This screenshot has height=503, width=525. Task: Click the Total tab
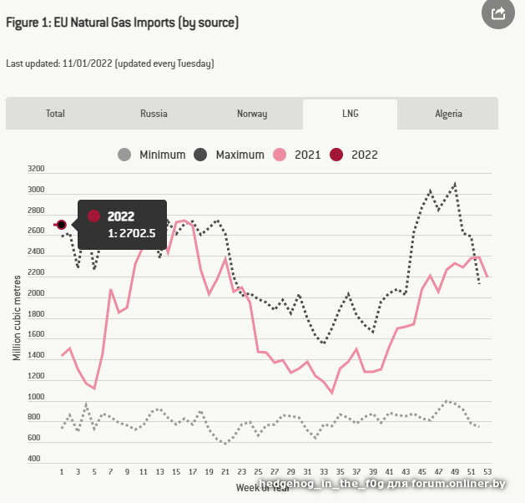click(x=55, y=114)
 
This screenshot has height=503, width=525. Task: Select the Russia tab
click(x=154, y=114)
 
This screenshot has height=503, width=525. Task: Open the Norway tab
click(x=252, y=114)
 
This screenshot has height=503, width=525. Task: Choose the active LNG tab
click(x=351, y=114)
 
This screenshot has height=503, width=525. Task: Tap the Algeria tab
click(x=448, y=114)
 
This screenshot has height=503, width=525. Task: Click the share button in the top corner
click(x=499, y=13)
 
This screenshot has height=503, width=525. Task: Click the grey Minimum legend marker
click(x=125, y=155)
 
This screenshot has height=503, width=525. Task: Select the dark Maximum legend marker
click(x=201, y=155)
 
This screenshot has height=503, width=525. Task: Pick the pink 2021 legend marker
click(x=280, y=155)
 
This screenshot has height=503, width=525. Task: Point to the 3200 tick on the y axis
click(x=36, y=169)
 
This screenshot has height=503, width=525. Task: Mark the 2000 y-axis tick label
click(x=36, y=293)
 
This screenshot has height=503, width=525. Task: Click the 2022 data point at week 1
click(x=62, y=224)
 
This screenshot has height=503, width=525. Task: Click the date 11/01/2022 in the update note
click(x=87, y=64)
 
